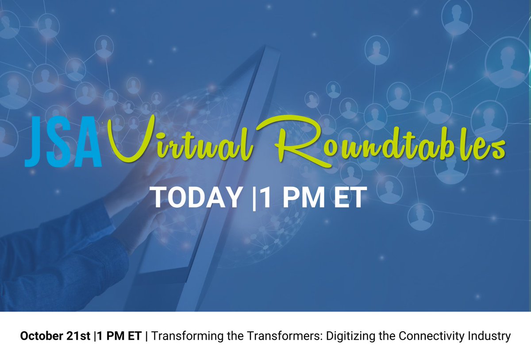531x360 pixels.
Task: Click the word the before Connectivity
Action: click(390, 337)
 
